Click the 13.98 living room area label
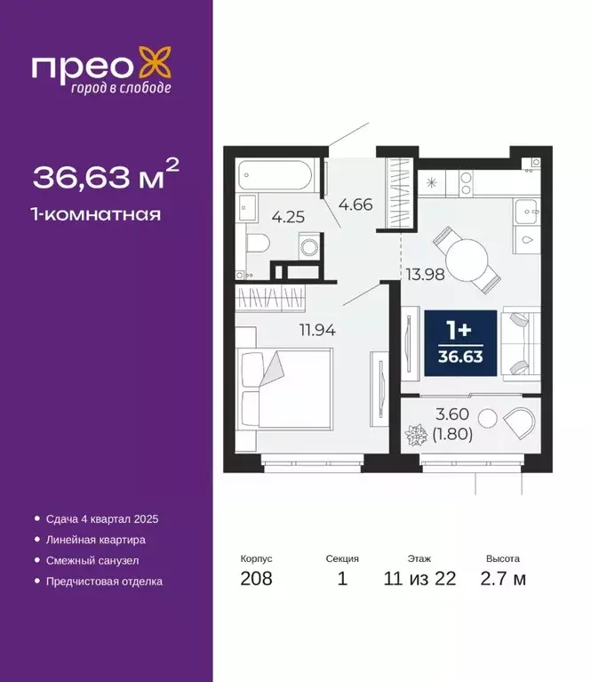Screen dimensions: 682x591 [425, 274]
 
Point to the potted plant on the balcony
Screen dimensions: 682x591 [417, 437]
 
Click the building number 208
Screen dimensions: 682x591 [257, 579]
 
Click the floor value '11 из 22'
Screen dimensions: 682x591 [420, 579]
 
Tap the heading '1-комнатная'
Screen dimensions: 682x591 [97, 213]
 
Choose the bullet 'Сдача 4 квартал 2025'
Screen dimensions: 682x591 [100, 518]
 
